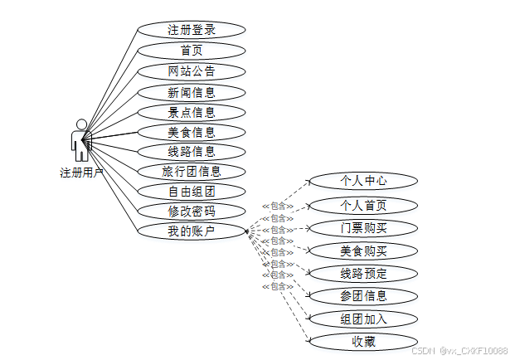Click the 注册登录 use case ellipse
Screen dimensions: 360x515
click(x=192, y=31)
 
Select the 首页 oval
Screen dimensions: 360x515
click(x=192, y=51)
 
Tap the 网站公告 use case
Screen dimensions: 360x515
click(x=192, y=71)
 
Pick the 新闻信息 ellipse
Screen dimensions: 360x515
click(x=192, y=91)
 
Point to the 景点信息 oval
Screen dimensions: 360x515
click(x=192, y=112)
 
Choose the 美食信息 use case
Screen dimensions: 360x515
click(x=192, y=131)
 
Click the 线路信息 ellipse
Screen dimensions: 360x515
click(x=192, y=151)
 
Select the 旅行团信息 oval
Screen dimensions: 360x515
click(x=192, y=172)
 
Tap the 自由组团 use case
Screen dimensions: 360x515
click(x=192, y=192)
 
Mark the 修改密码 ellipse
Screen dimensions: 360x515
click(x=192, y=212)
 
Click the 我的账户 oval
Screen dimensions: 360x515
click(x=192, y=231)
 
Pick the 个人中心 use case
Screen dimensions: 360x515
click(x=363, y=180)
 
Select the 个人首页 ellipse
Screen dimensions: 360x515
click(x=363, y=205)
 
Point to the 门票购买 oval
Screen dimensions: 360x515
click(x=363, y=228)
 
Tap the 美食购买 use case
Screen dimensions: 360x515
click(x=363, y=251)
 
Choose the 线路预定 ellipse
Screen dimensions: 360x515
click(x=363, y=273)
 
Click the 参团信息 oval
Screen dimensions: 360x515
click(x=363, y=295)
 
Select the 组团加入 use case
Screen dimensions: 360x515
click(x=363, y=319)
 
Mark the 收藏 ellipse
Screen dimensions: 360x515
click(x=363, y=341)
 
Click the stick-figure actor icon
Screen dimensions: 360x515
click(x=80, y=140)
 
